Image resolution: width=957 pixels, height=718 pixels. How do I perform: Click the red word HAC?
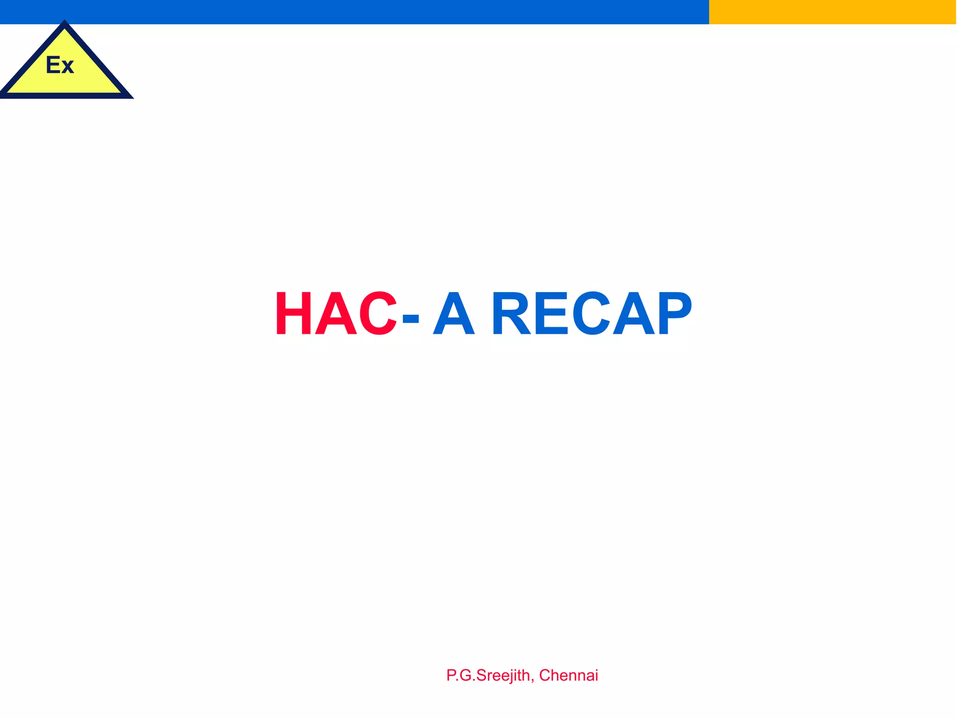coord(336,313)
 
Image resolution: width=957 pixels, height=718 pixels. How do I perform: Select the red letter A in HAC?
coord(336,313)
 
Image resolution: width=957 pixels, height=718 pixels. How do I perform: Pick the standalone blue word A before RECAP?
coord(454,313)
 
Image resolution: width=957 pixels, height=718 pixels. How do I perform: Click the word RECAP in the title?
coord(591,313)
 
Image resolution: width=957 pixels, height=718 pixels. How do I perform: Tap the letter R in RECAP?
coord(511,313)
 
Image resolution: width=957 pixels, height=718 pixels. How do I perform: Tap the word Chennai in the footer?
coord(568,675)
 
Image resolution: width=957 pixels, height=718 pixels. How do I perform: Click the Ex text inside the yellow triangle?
coord(60,65)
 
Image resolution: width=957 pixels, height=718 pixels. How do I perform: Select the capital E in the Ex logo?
coord(52,65)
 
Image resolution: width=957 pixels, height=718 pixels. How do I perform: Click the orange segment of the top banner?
coord(832,12)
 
